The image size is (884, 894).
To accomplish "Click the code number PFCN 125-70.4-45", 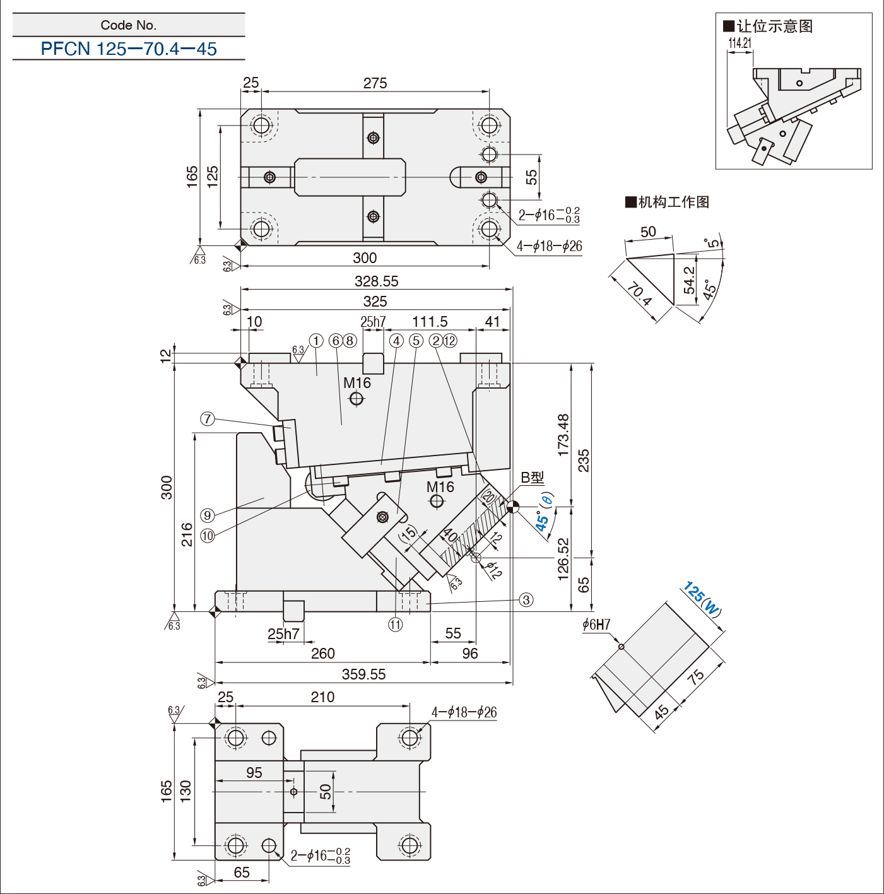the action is [x=129, y=49].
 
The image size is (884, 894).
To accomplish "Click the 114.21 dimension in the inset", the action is [x=740, y=43].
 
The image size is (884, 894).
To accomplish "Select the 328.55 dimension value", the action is [x=376, y=281].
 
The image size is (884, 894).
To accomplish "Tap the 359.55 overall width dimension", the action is [x=364, y=674].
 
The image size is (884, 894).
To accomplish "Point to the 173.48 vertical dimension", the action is [x=563, y=435].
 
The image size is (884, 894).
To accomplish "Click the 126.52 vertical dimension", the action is [x=563, y=559].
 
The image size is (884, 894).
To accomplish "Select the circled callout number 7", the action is [x=208, y=419].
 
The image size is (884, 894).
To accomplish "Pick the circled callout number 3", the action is [x=526, y=600].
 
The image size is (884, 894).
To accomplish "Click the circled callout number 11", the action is [x=395, y=625].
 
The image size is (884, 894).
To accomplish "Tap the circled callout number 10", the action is [x=208, y=536].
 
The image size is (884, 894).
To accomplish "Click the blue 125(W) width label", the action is [x=702, y=599].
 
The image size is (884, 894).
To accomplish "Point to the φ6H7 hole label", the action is [x=596, y=625].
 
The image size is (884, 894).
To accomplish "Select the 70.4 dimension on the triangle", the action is [x=639, y=295].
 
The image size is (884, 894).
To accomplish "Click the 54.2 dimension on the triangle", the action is [x=690, y=279].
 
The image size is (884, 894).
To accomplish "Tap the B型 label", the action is [x=533, y=478].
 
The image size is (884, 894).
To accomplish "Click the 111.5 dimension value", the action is [x=430, y=322].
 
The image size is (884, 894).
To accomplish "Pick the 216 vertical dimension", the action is [x=187, y=534].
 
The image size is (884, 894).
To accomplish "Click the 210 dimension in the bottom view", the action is [x=322, y=697].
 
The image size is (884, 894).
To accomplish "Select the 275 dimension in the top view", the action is [x=375, y=83].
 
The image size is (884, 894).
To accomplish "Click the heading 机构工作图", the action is [x=668, y=202].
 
